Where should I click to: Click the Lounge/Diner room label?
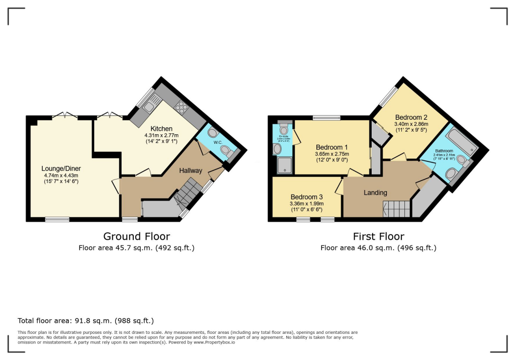pyautogui.click(x=62, y=168)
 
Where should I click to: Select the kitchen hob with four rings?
pyautogui.click(x=181, y=107)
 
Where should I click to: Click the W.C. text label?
pyautogui.click(x=217, y=142)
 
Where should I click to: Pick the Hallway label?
pyautogui.click(x=191, y=171)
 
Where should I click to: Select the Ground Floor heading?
pyautogui.click(x=136, y=236)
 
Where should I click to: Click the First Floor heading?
pyautogui.click(x=378, y=236)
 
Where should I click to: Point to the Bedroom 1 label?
pyautogui.click(x=330, y=147)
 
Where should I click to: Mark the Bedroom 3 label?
pyautogui.click(x=306, y=197)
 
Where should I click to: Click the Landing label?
pyautogui.click(x=375, y=193)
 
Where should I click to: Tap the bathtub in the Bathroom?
pyautogui.click(x=460, y=140)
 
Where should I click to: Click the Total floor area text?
pyautogui.click(x=85, y=320)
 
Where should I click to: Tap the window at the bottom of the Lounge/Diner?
pyautogui.click(x=57, y=219)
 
